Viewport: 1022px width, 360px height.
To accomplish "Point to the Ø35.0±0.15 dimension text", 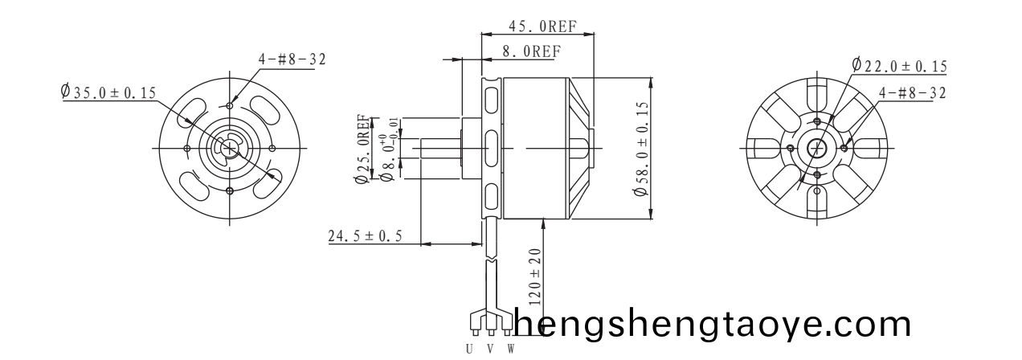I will pyautogui.click(x=108, y=92).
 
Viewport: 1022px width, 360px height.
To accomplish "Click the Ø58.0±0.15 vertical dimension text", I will pyautogui.click(x=641, y=149).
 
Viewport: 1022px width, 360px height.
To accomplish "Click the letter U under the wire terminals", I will pyautogui.click(x=470, y=349).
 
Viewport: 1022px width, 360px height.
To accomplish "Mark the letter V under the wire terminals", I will pyautogui.click(x=490, y=349).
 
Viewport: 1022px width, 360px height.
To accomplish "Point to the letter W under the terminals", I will pyautogui.click(x=510, y=349).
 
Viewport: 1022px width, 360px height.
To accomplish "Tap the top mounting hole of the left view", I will pyautogui.click(x=231, y=105).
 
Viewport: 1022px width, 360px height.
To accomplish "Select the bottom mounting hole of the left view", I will pyautogui.click(x=231, y=190).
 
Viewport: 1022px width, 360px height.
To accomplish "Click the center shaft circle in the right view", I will pyautogui.click(x=817, y=148).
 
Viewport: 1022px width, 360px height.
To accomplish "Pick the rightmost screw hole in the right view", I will pyautogui.click(x=844, y=148).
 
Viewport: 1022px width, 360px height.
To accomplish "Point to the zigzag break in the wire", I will pyautogui.click(x=490, y=262).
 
